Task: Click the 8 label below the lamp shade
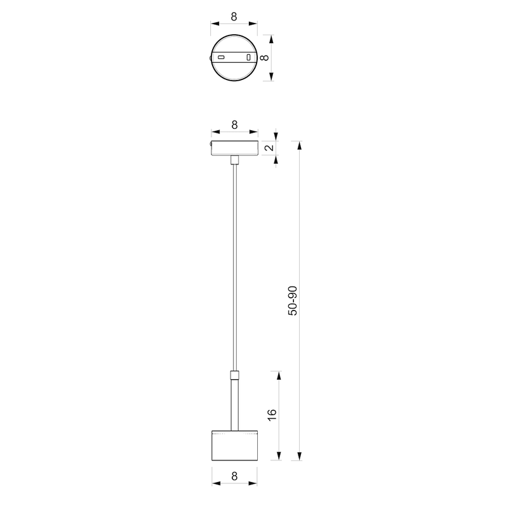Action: tap(235, 476)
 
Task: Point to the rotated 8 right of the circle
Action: tap(265, 57)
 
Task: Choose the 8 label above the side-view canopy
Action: tap(235, 124)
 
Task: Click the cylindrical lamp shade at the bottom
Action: tap(235, 446)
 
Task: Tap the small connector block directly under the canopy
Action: tap(235, 159)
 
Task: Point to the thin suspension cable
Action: tap(235, 267)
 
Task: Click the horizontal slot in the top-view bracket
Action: tap(222, 58)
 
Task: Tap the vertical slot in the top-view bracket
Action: tap(248, 58)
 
